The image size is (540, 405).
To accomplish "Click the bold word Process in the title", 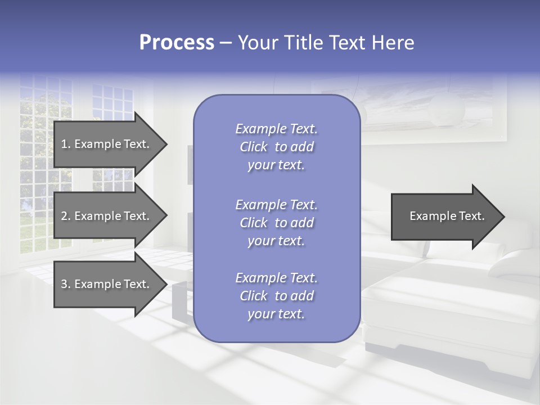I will pyautogui.click(x=177, y=42).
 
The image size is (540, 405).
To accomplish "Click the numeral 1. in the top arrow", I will pyautogui.click(x=65, y=144).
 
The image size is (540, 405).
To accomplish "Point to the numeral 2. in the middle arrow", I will pyautogui.click(x=65, y=216).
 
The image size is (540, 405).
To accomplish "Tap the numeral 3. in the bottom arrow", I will pyautogui.click(x=65, y=284).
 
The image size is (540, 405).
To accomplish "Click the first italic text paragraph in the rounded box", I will pyautogui.click(x=276, y=147).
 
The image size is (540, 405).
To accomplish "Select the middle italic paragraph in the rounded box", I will pyautogui.click(x=276, y=223).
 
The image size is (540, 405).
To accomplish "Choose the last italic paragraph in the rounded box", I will pyautogui.click(x=276, y=296).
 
